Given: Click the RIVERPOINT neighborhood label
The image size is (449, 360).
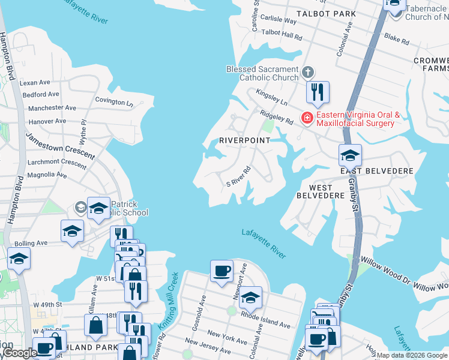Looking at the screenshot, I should [244, 140].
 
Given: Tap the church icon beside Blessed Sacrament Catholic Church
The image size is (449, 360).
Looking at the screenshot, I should [307, 73].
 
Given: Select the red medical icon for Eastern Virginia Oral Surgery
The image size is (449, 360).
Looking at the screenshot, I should [307, 118].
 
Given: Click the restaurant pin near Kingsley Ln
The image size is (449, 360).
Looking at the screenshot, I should [318, 92].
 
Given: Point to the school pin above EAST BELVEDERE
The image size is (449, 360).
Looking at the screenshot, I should [350, 155].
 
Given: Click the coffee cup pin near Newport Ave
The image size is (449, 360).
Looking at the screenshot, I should [221, 271].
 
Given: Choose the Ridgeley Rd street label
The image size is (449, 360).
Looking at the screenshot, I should [276, 116].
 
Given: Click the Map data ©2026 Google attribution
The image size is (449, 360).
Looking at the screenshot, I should [412, 355].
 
